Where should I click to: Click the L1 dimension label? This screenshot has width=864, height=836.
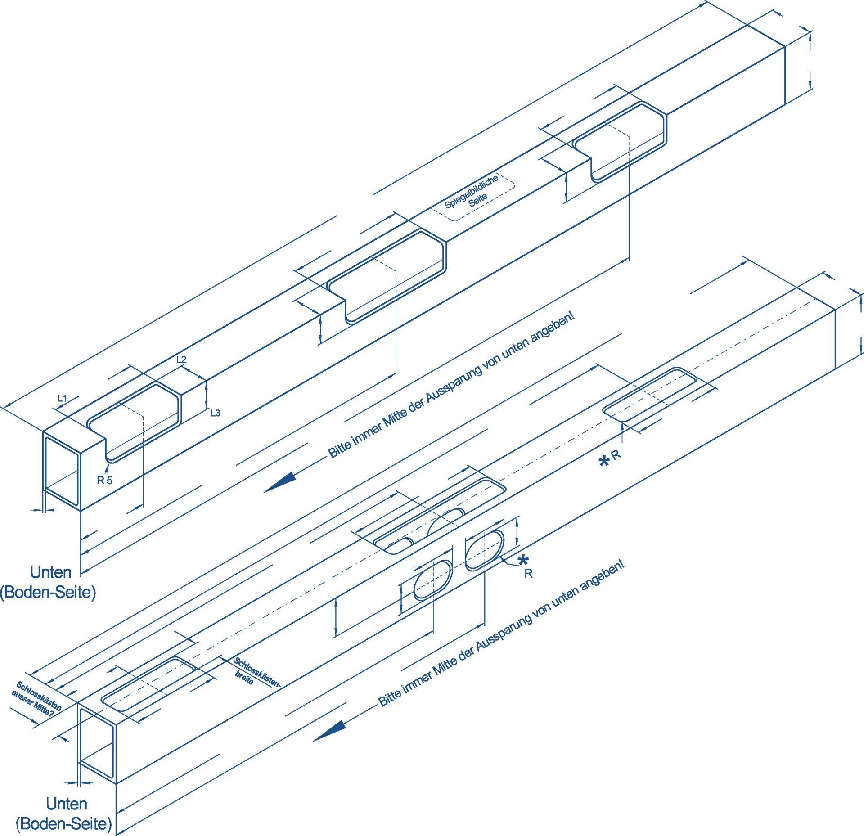[62, 398]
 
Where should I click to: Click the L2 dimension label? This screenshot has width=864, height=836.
[181, 360]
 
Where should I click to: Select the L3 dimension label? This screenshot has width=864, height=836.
[215, 413]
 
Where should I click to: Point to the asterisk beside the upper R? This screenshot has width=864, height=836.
[605, 461]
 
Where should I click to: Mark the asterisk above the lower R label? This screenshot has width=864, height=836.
[523, 560]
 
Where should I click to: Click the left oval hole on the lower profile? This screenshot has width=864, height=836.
[432, 580]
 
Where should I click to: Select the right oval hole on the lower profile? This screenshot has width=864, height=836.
[484, 550]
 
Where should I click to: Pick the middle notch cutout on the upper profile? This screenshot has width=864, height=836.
[387, 277]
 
